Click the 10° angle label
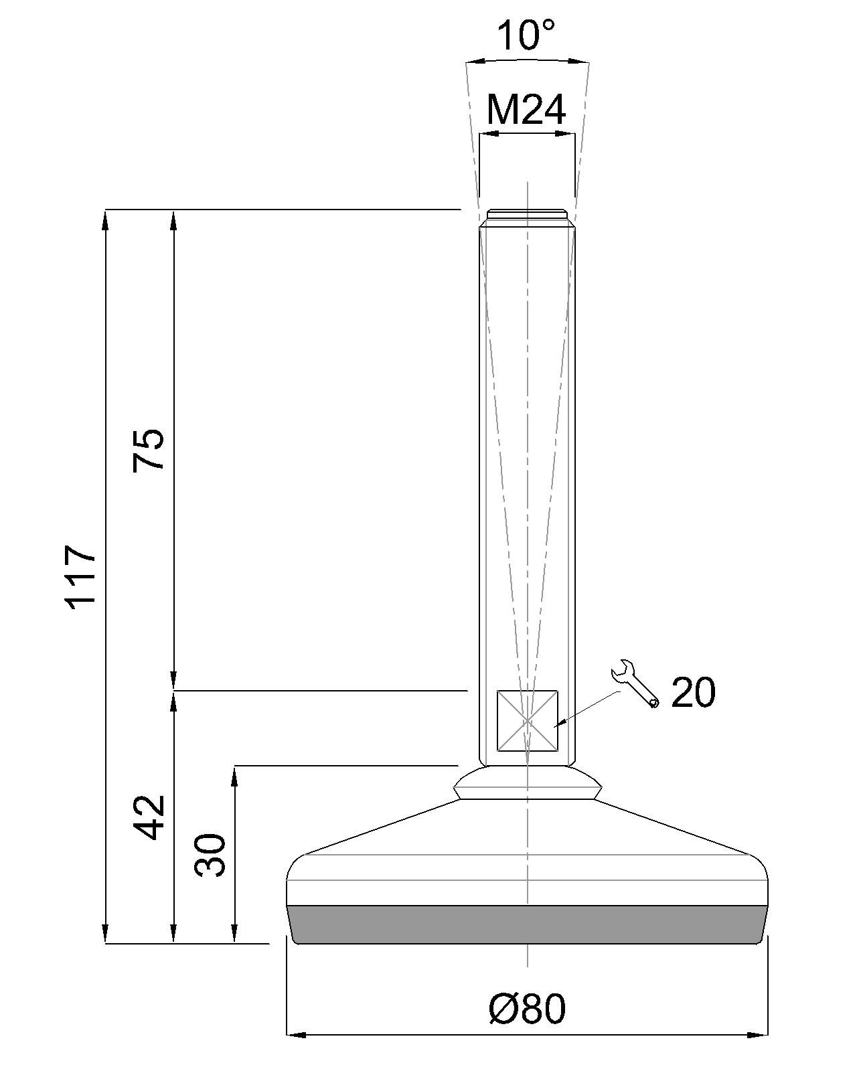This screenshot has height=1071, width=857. point(526,36)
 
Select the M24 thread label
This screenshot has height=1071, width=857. point(526,110)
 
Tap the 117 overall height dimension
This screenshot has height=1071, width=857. point(81,576)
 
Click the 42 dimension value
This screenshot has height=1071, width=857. point(149,817)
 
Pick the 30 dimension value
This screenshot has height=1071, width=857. point(210,855)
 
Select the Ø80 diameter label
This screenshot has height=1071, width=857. point(527,1009)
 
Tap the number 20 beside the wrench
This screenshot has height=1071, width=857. point(693,693)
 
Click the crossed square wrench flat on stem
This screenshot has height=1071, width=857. point(528,721)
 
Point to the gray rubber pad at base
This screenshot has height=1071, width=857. point(527,924)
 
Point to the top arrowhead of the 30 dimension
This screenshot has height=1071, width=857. point(235,775)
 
